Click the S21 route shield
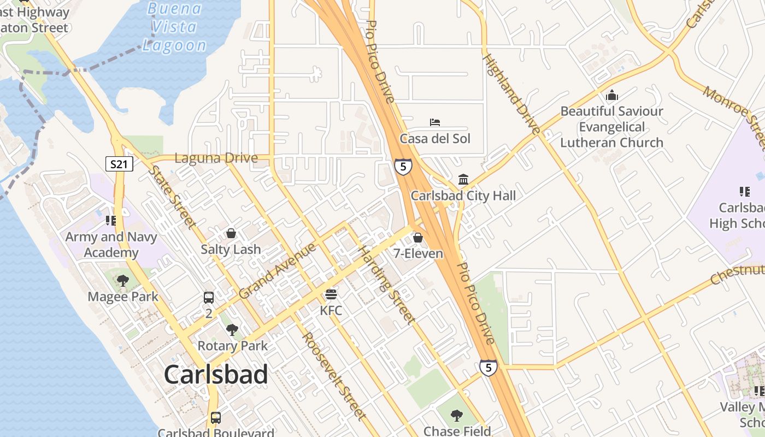click(x=120, y=164)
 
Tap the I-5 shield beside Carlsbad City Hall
click(x=403, y=167)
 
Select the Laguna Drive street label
click(x=216, y=158)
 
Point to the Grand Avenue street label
click(x=277, y=271)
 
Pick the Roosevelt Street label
click(x=334, y=376)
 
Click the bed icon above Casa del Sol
click(x=435, y=122)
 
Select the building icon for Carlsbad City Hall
click(x=463, y=180)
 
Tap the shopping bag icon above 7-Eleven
click(x=418, y=238)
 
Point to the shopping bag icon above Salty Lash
click(x=231, y=233)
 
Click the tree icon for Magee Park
click(x=123, y=281)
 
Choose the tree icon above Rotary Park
click(x=232, y=330)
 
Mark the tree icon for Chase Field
click(x=457, y=416)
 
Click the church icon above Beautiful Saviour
click(x=612, y=95)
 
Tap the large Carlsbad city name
click(x=216, y=375)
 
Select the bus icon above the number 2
click(x=209, y=298)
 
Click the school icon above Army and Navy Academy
click(x=111, y=221)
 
